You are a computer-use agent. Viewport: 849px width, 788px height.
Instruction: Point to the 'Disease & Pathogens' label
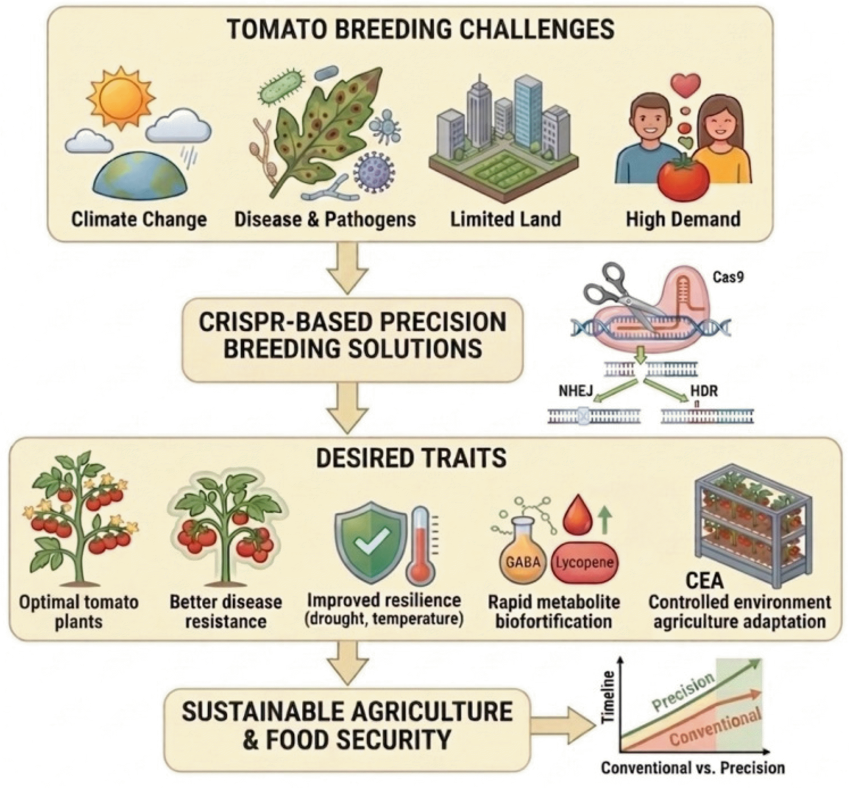pyautogui.click(x=325, y=219)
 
